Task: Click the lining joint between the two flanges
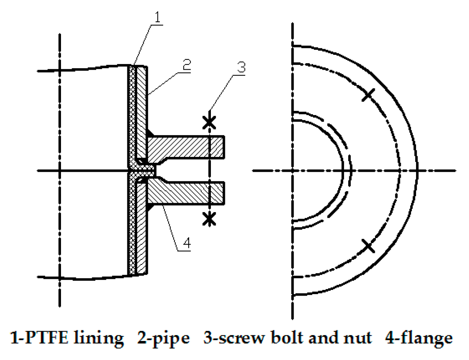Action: [x=143, y=170]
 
